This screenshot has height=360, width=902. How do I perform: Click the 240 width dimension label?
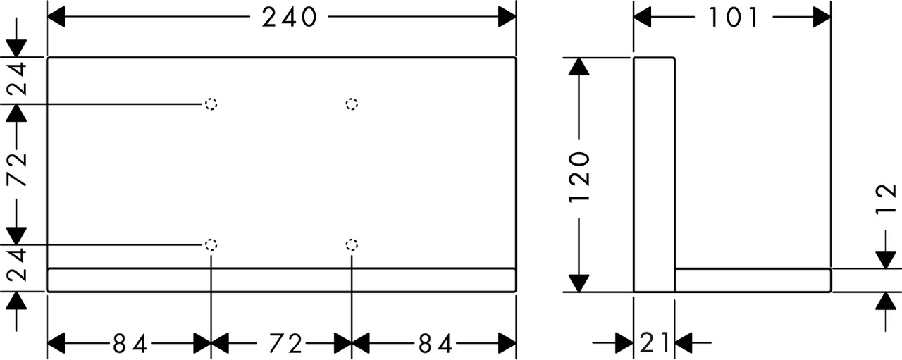pyautogui.click(x=289, y=18)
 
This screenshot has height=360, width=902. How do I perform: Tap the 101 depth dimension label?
pyautogui.click(x=734, y=18)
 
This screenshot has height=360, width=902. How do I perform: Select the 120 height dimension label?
pyautogui.click(x=579, y=178)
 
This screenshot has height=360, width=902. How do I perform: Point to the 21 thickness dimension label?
pyautogui.click(x=654, y=342)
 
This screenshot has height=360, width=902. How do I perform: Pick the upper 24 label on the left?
pyautogui.click(x=18, y=79)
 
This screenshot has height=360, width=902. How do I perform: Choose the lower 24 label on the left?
pyautogui.click(x=18, y=265)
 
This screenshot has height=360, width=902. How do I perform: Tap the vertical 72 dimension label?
pyautogui.click(x=18, y=170)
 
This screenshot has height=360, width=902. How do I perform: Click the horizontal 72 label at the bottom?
pyautogui.click(x=285, y=344)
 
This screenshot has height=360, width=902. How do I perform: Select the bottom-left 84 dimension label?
pyautogui.click(x=130, y=344)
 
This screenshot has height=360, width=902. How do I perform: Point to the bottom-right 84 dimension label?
pyautogui.click(x=435, y=344)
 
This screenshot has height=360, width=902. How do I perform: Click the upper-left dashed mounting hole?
pyautogui.click(x=211, y=104)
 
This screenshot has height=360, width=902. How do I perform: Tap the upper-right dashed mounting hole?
pyautogui.click(x=352, y=104)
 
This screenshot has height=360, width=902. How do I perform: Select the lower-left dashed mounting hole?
pyautogui.click(x=211, y=244)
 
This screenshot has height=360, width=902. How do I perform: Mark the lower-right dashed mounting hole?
pyautogui.click(x=352, y=244)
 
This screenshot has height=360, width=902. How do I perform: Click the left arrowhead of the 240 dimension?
pyautogui.click(x=56, y=17)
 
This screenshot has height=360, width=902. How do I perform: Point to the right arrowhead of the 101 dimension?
pyautogui.click(x=822, y=17)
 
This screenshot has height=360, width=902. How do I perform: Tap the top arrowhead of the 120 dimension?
pyautogui.click(x=579, y=66)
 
